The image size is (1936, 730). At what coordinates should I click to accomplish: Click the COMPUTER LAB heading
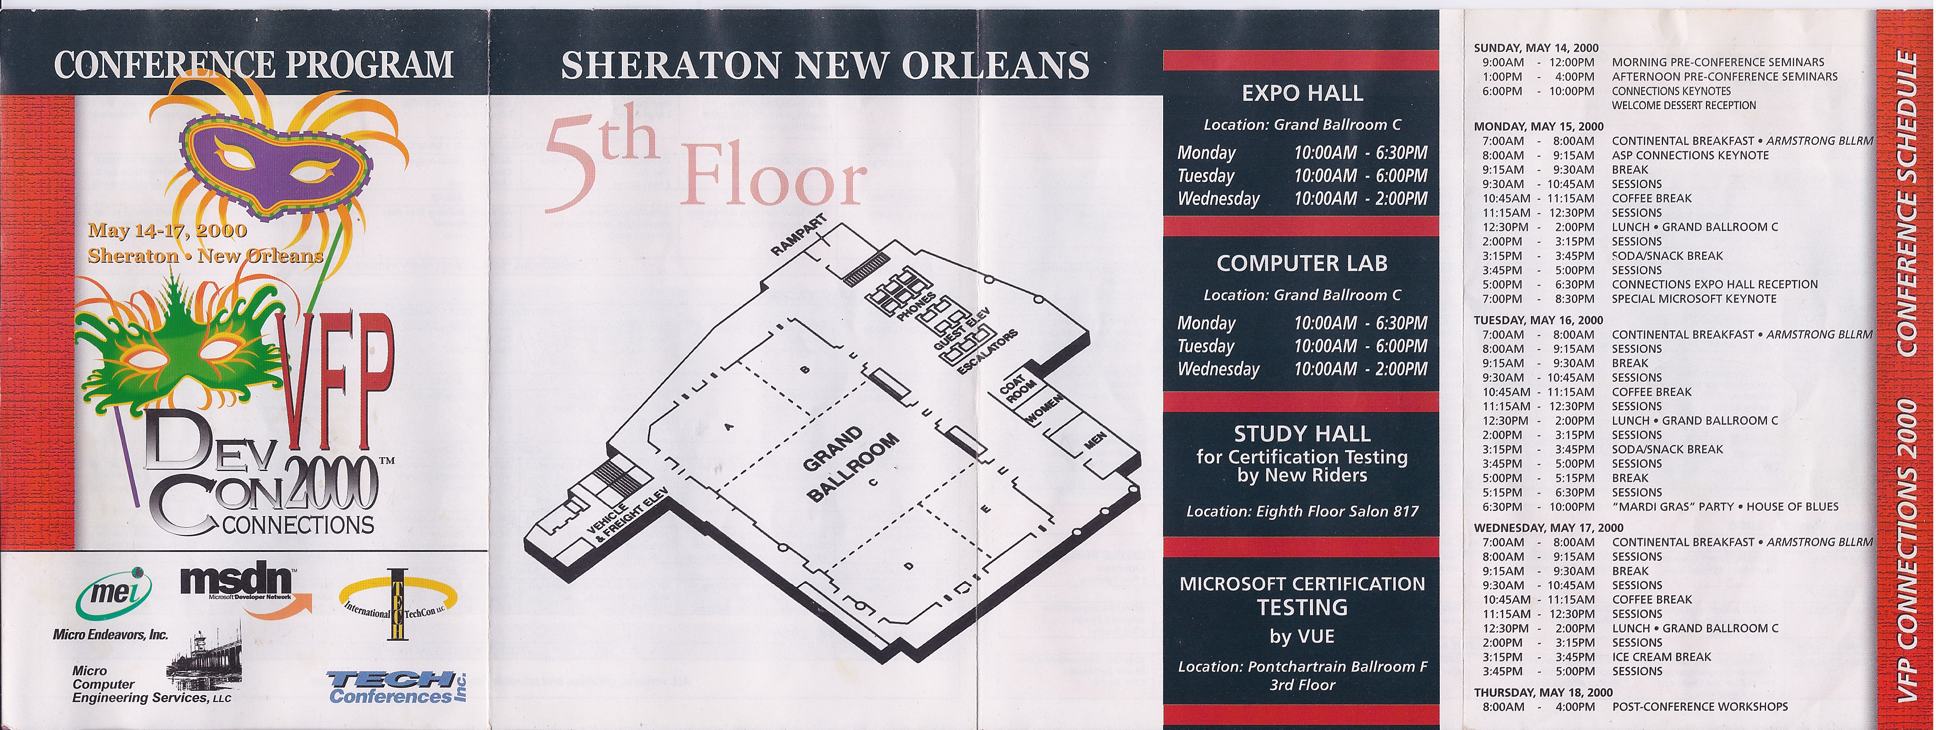tap(1302, 264)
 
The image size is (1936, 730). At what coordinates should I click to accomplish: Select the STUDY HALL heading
tap(1302, 434)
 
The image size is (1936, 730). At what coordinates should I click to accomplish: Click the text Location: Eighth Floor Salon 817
tap(1302, 512)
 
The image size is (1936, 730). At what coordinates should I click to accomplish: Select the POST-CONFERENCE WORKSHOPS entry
tap(1700, 707)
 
